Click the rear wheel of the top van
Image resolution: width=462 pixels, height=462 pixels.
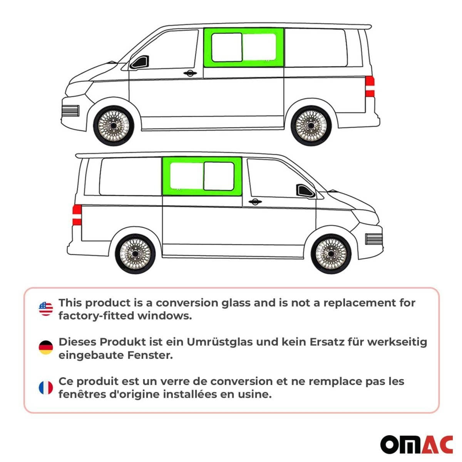pos(310,126)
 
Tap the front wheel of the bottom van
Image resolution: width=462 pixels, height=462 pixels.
pos(331,254)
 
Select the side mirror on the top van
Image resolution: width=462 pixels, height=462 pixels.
pos(139,62)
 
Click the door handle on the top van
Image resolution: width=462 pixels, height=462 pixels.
pos(189,73)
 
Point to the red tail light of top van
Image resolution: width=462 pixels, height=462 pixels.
pos(370,87)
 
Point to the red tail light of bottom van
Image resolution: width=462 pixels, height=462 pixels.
pos(77,215)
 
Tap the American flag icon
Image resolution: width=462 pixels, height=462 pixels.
pos(46,309)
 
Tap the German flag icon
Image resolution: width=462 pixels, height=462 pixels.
pos(46,348)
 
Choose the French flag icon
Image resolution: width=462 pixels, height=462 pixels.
pos(46,388)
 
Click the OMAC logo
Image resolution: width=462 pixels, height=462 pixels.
pos(416,445)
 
